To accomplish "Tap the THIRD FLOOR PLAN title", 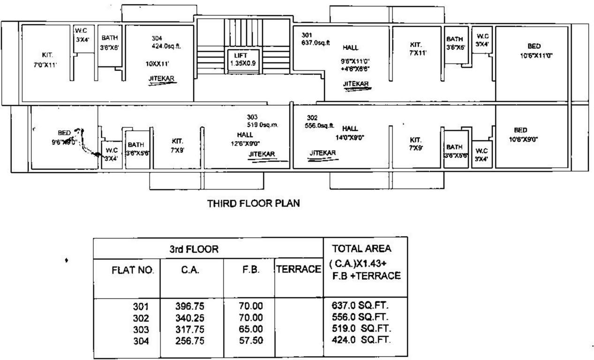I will [254, 203].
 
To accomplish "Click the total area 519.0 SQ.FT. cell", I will [361, 327].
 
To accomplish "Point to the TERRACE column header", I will [299, 270].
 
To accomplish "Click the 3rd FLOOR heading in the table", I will [194, 249].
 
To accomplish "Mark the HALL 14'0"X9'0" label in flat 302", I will [350, 133].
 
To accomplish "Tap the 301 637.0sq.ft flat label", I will [316, 39].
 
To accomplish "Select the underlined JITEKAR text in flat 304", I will [161, 80].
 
